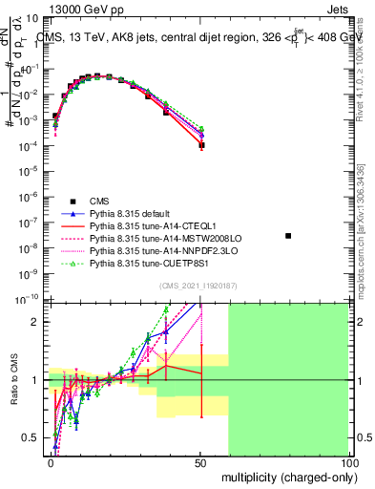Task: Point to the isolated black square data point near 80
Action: coord(288,235)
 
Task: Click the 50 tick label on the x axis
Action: coord(200,461)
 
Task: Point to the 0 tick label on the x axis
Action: coord(52,461)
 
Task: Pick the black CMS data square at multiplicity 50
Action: coord(200,146)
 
